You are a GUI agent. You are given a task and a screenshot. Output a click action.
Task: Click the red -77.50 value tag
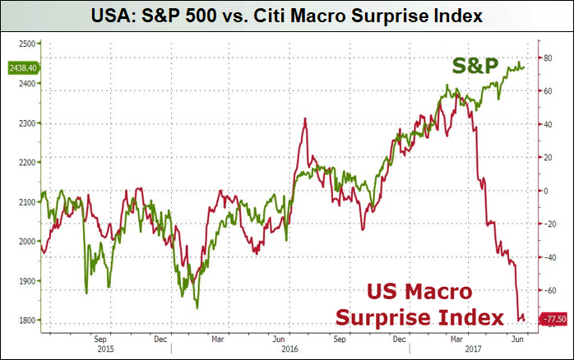553,318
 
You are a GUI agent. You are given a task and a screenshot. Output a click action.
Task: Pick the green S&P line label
474,66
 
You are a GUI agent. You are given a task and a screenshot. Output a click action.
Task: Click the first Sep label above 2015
100,338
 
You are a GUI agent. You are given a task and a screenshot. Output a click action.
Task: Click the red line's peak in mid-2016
305,119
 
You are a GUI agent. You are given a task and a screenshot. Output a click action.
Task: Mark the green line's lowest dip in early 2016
197,307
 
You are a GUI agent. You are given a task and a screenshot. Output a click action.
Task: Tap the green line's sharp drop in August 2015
86,291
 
